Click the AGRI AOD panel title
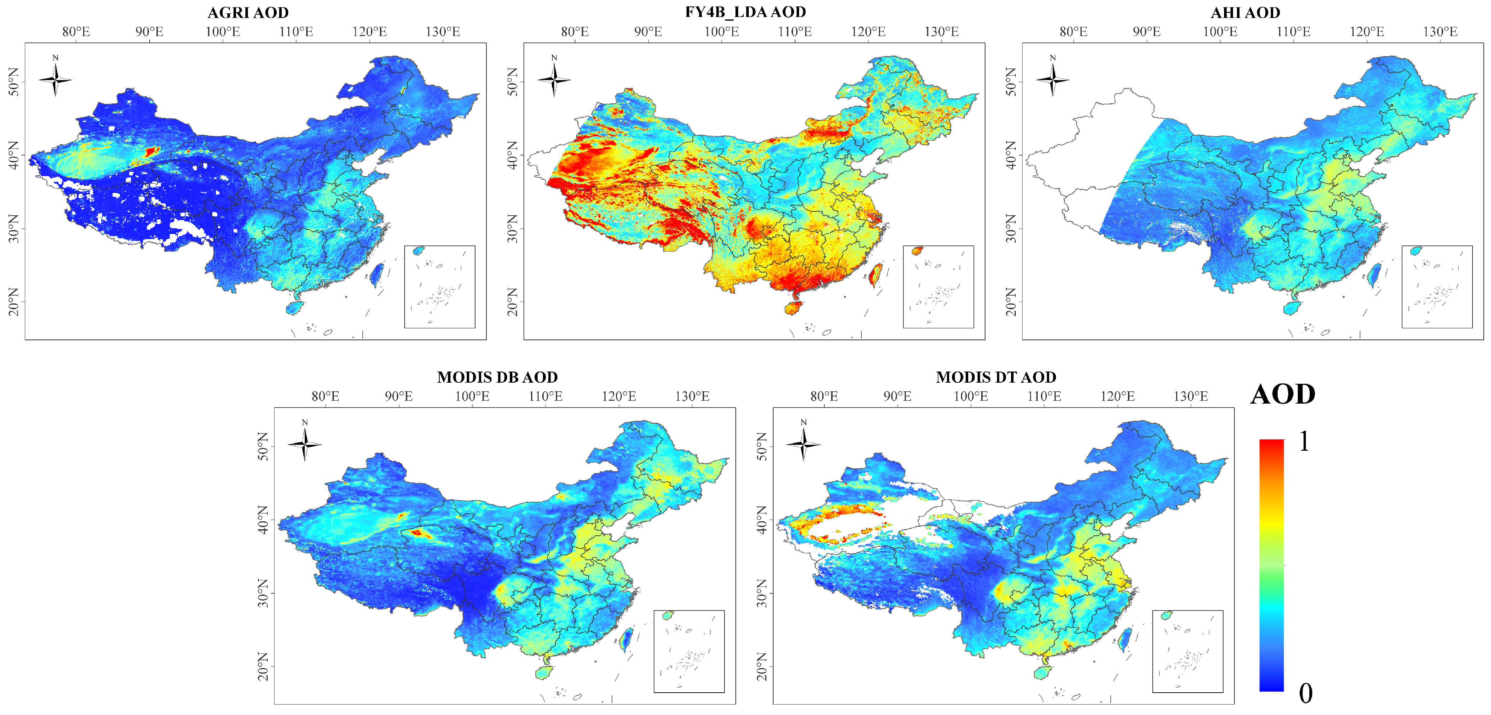(x=248, y=12)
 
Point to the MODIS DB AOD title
(x=497, y=377)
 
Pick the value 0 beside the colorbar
(x=1305, y=693)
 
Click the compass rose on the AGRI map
(x=55, y=79)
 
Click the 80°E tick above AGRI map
(x=76, y=31)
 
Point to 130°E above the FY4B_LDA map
(x=941, y=31)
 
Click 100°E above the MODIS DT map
(x=971, y=396)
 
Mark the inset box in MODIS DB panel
(x=689, y=651)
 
